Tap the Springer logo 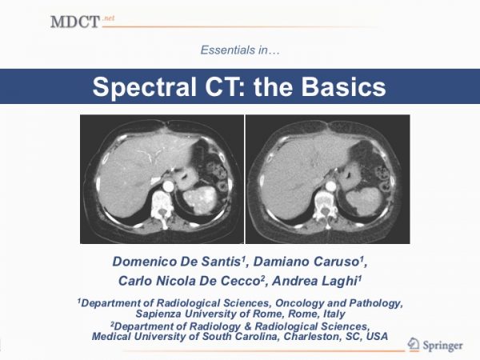434,346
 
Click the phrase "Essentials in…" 240,50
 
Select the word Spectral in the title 146,87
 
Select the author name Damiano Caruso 308,262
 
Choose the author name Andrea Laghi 315,281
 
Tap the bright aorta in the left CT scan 168,186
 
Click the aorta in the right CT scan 330,186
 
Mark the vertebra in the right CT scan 325,206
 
